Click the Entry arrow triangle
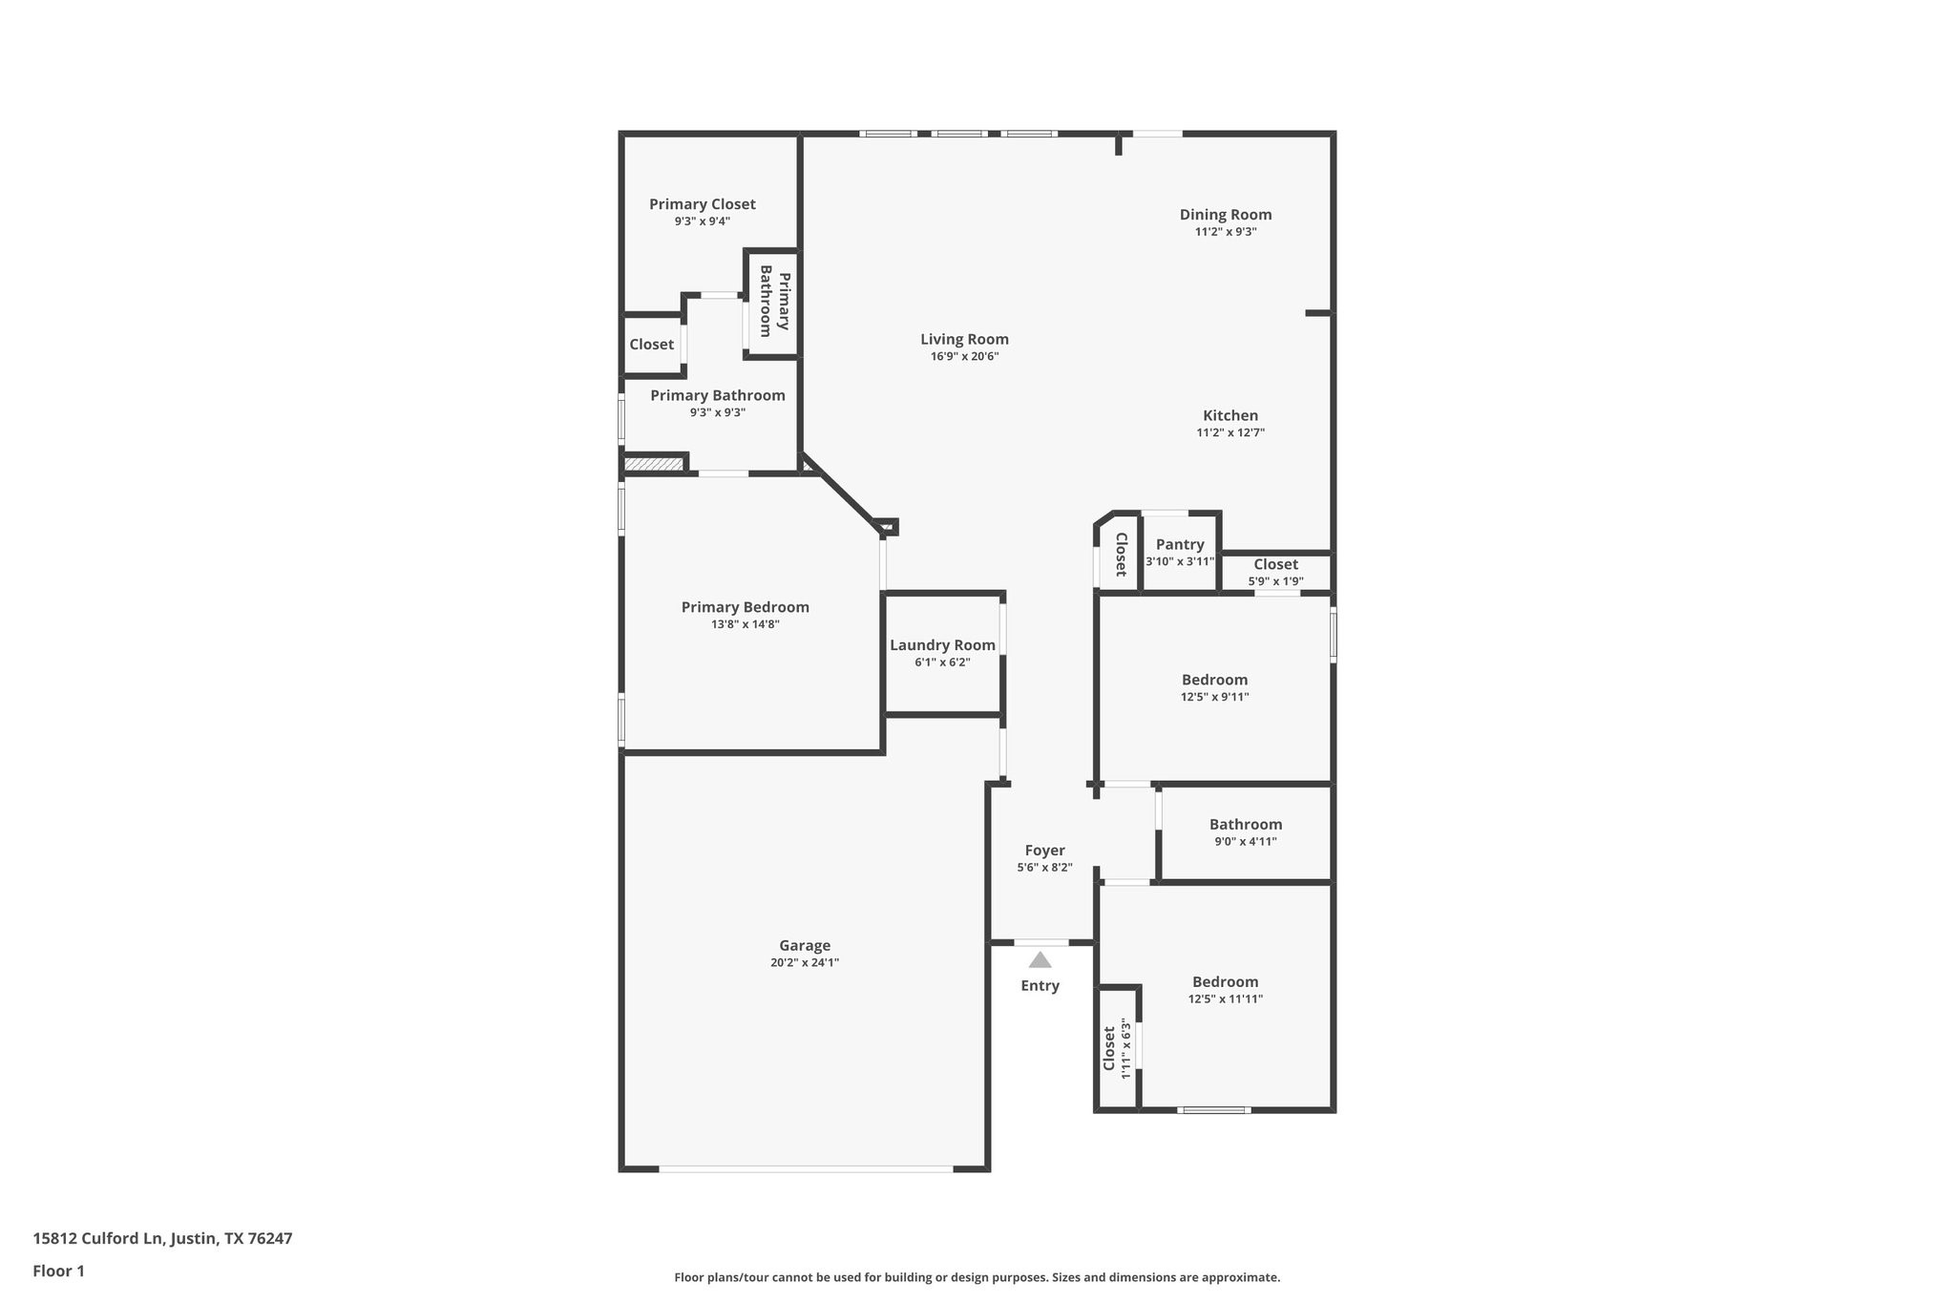click(1040, 960)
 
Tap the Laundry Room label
click(942, 645)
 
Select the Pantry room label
click(1180, 544)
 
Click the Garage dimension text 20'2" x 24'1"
click(805, 963)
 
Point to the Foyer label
click(1044, 851)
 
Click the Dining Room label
click(1226, 215)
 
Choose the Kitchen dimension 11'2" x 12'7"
click(1230, 432)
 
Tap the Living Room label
click(964, 339)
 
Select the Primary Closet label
click(702, 204)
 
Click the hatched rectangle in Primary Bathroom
click(654, 464)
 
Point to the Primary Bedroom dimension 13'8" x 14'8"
click(745, 624)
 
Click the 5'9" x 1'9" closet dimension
click(1275, 581)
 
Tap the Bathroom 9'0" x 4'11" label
click(1245, 825)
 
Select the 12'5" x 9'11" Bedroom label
click(1214, 681)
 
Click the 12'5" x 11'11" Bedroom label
click(1225, 982)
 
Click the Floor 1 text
click(58, 1271)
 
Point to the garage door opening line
click(805, 1168)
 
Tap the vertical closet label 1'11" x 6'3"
click(1117, 1048)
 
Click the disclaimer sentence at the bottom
click(977, 1277)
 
